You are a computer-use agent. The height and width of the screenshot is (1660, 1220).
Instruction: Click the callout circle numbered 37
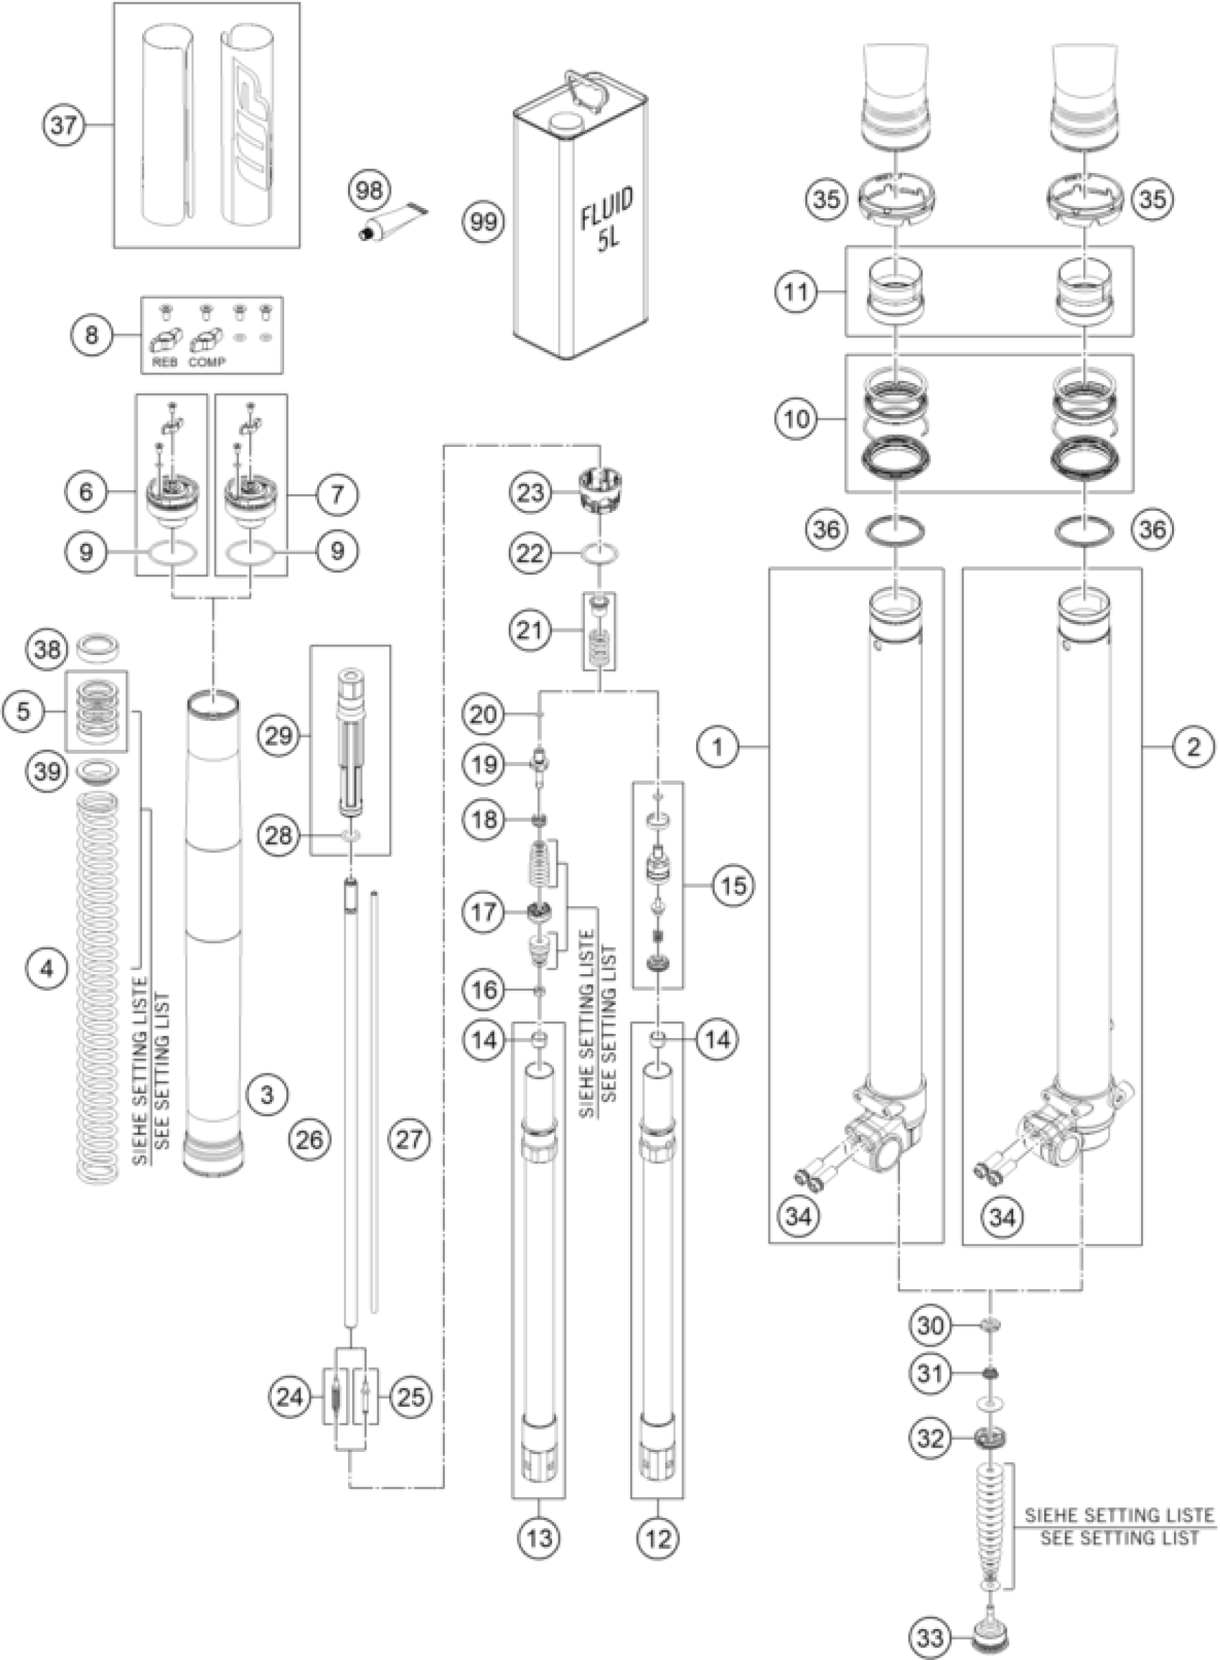click(62, 126)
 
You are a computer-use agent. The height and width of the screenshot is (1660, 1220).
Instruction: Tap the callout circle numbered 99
click(484, 222)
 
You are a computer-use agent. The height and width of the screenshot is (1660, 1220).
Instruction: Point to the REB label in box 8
click(164, 362)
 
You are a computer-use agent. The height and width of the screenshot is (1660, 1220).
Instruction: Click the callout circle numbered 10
click(795, 419)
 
